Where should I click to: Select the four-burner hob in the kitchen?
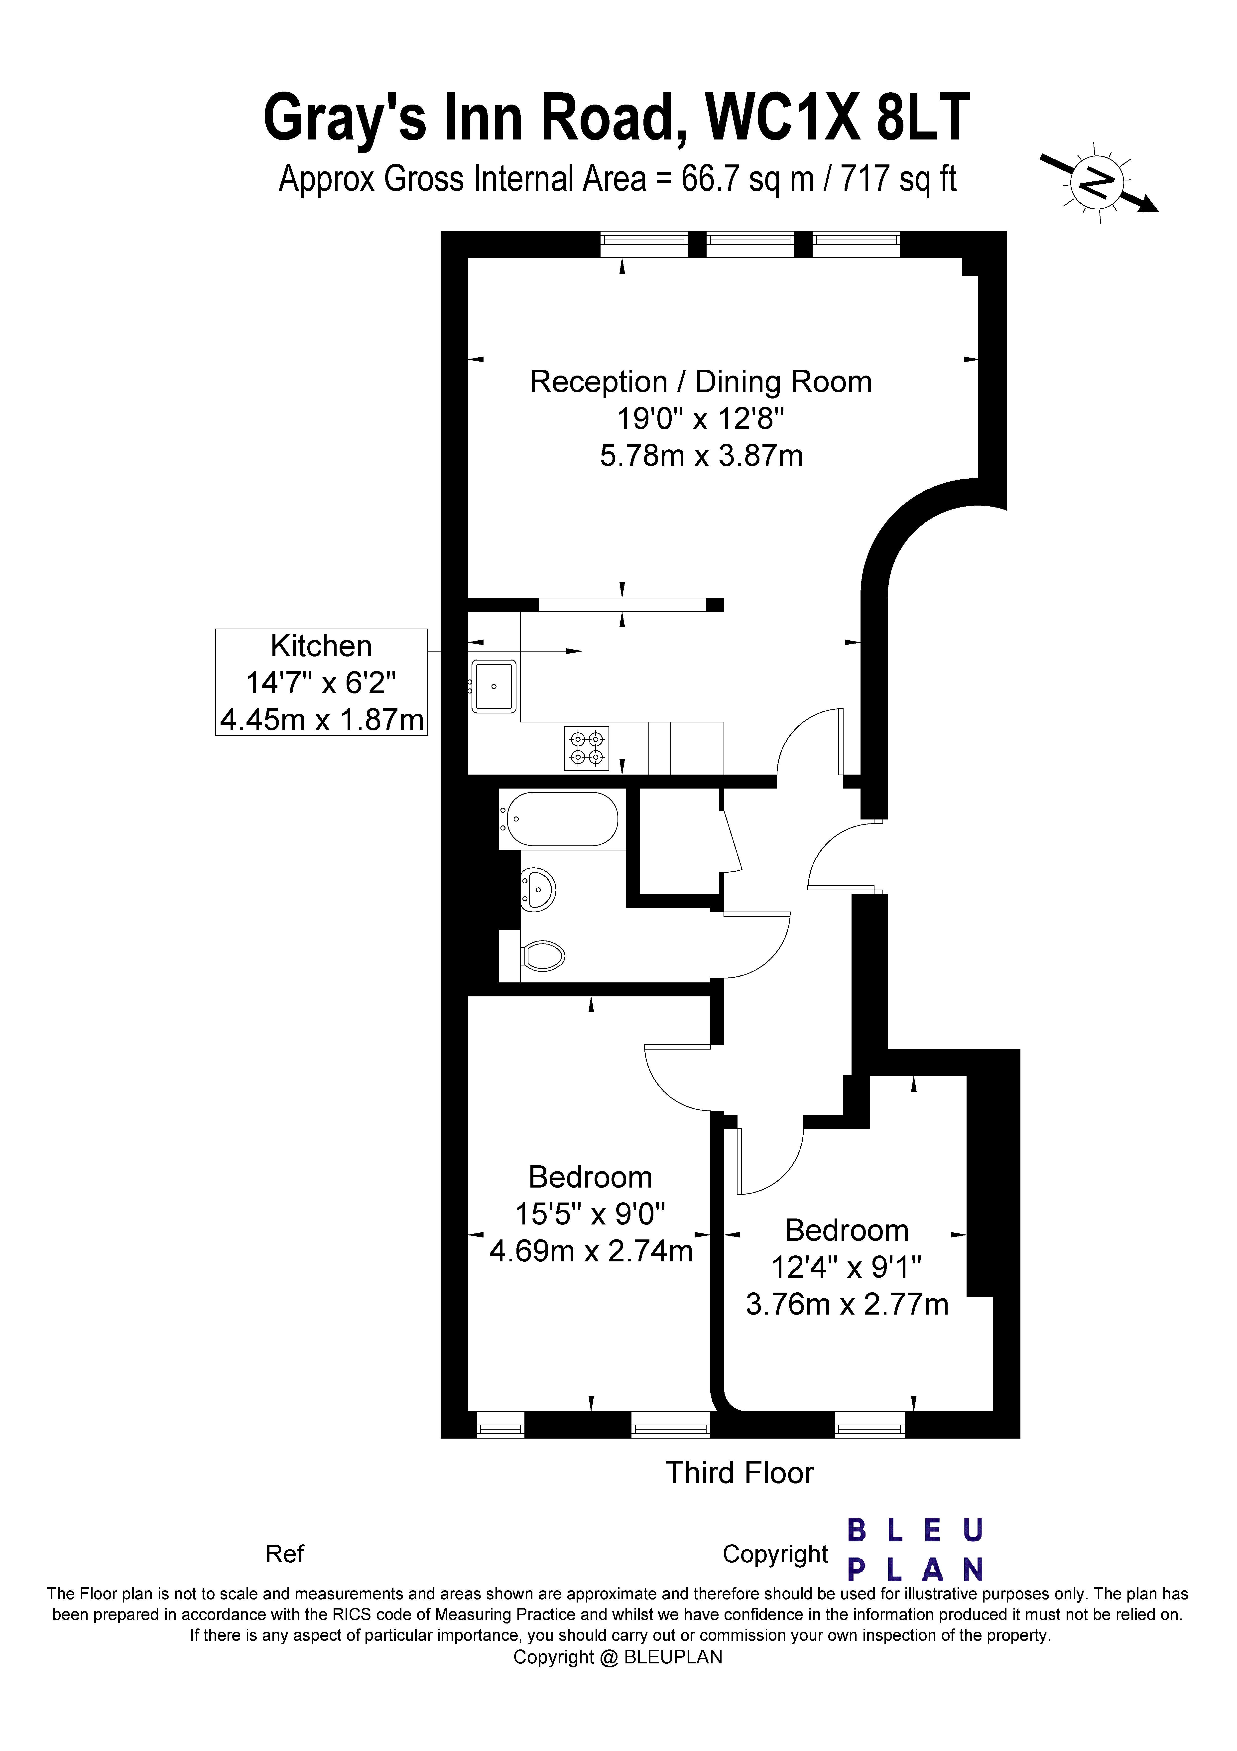coord(587,748)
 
